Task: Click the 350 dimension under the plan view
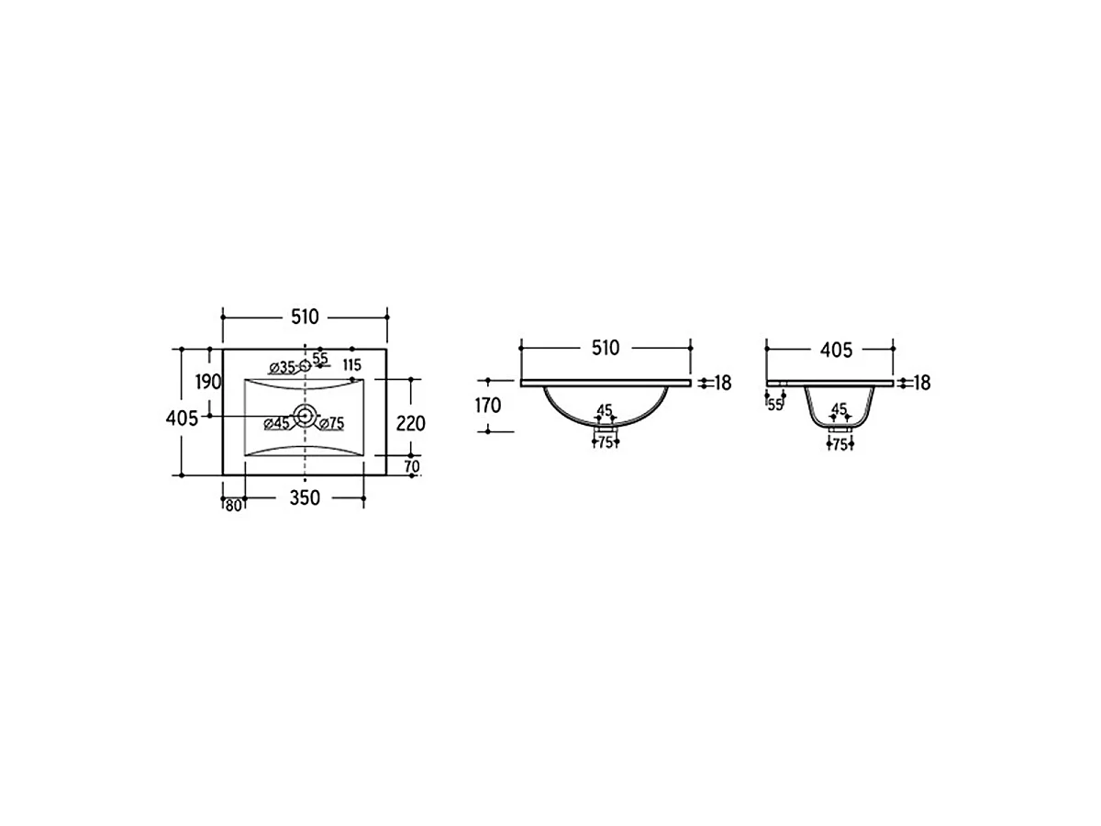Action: [x=305, y=498]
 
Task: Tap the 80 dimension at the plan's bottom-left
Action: [x=234, y=506]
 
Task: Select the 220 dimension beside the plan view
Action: [x=411, y=424]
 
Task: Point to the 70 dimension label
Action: [x=412, y=466]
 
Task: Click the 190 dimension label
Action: [x=208, y=382]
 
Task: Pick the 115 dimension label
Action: [x=352, y=364]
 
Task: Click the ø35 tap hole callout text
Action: [x=282, y=368]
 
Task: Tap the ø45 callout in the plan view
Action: [x=277, y=424]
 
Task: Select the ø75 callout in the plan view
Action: [x=331, y=424]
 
